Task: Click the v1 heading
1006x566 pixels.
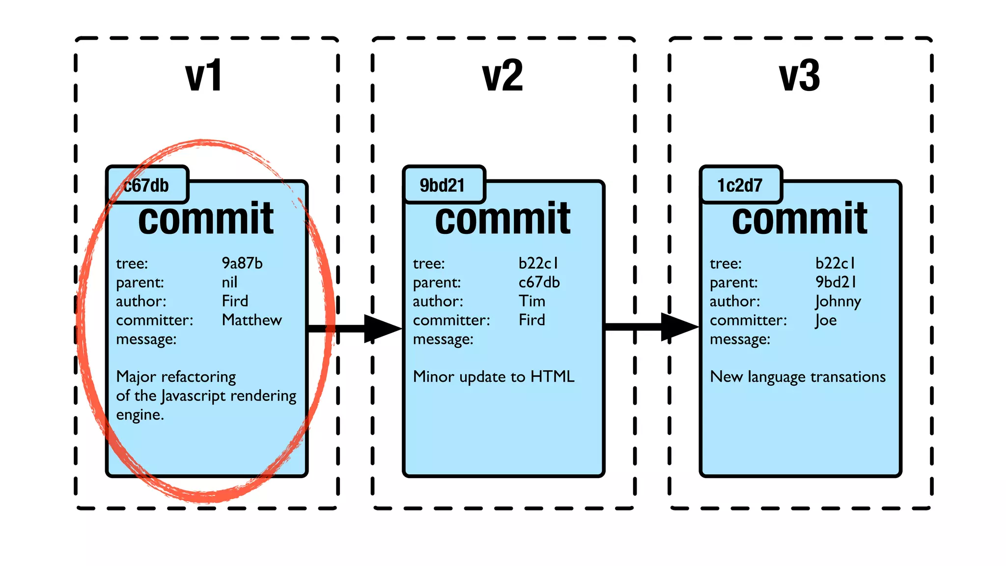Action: [204, 76]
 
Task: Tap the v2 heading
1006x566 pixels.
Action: [503, 76]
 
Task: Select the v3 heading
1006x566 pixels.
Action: [800, 76]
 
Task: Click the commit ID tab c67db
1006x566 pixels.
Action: [147, 185]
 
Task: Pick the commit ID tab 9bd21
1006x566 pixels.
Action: [442, 185]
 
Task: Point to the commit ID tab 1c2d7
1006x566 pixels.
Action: [740, 185]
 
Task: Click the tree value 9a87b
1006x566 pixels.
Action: [242, 263]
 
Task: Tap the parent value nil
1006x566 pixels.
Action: [229, 283]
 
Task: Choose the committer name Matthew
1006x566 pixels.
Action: [252, 320]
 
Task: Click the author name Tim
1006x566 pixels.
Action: [532, 301]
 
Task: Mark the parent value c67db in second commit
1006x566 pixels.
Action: [539, 283]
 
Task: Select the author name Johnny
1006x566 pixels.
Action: [838, 301]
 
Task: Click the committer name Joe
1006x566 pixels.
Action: [826, 320]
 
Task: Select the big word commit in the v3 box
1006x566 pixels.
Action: [800, 219]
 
